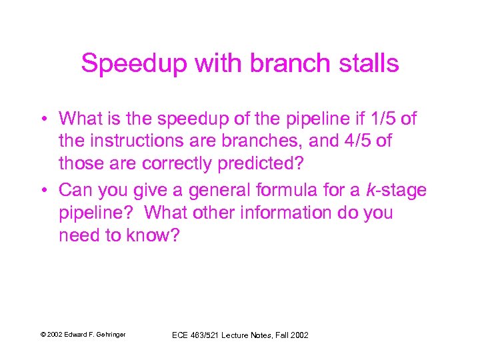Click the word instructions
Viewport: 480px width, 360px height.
[143, 142]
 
